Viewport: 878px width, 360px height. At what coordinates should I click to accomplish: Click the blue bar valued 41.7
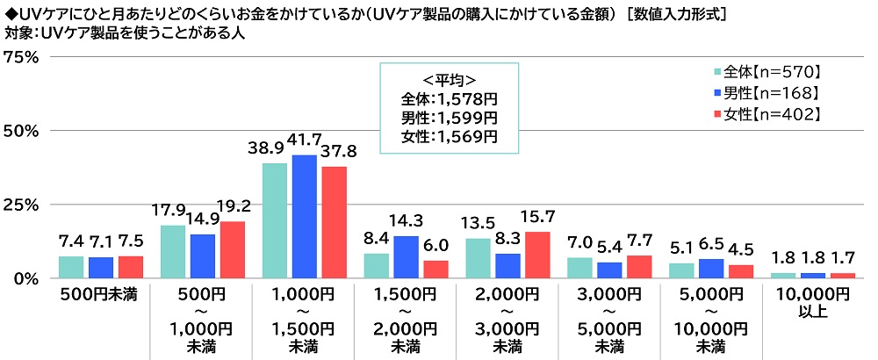[304, 216]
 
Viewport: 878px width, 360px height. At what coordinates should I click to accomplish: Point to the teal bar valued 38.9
[275, 220]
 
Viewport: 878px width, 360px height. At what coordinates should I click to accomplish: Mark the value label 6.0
[437, 248]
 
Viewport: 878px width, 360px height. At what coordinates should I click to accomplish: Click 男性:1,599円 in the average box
[449, 117]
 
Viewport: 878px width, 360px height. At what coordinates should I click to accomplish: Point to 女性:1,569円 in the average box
[449, 136]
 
